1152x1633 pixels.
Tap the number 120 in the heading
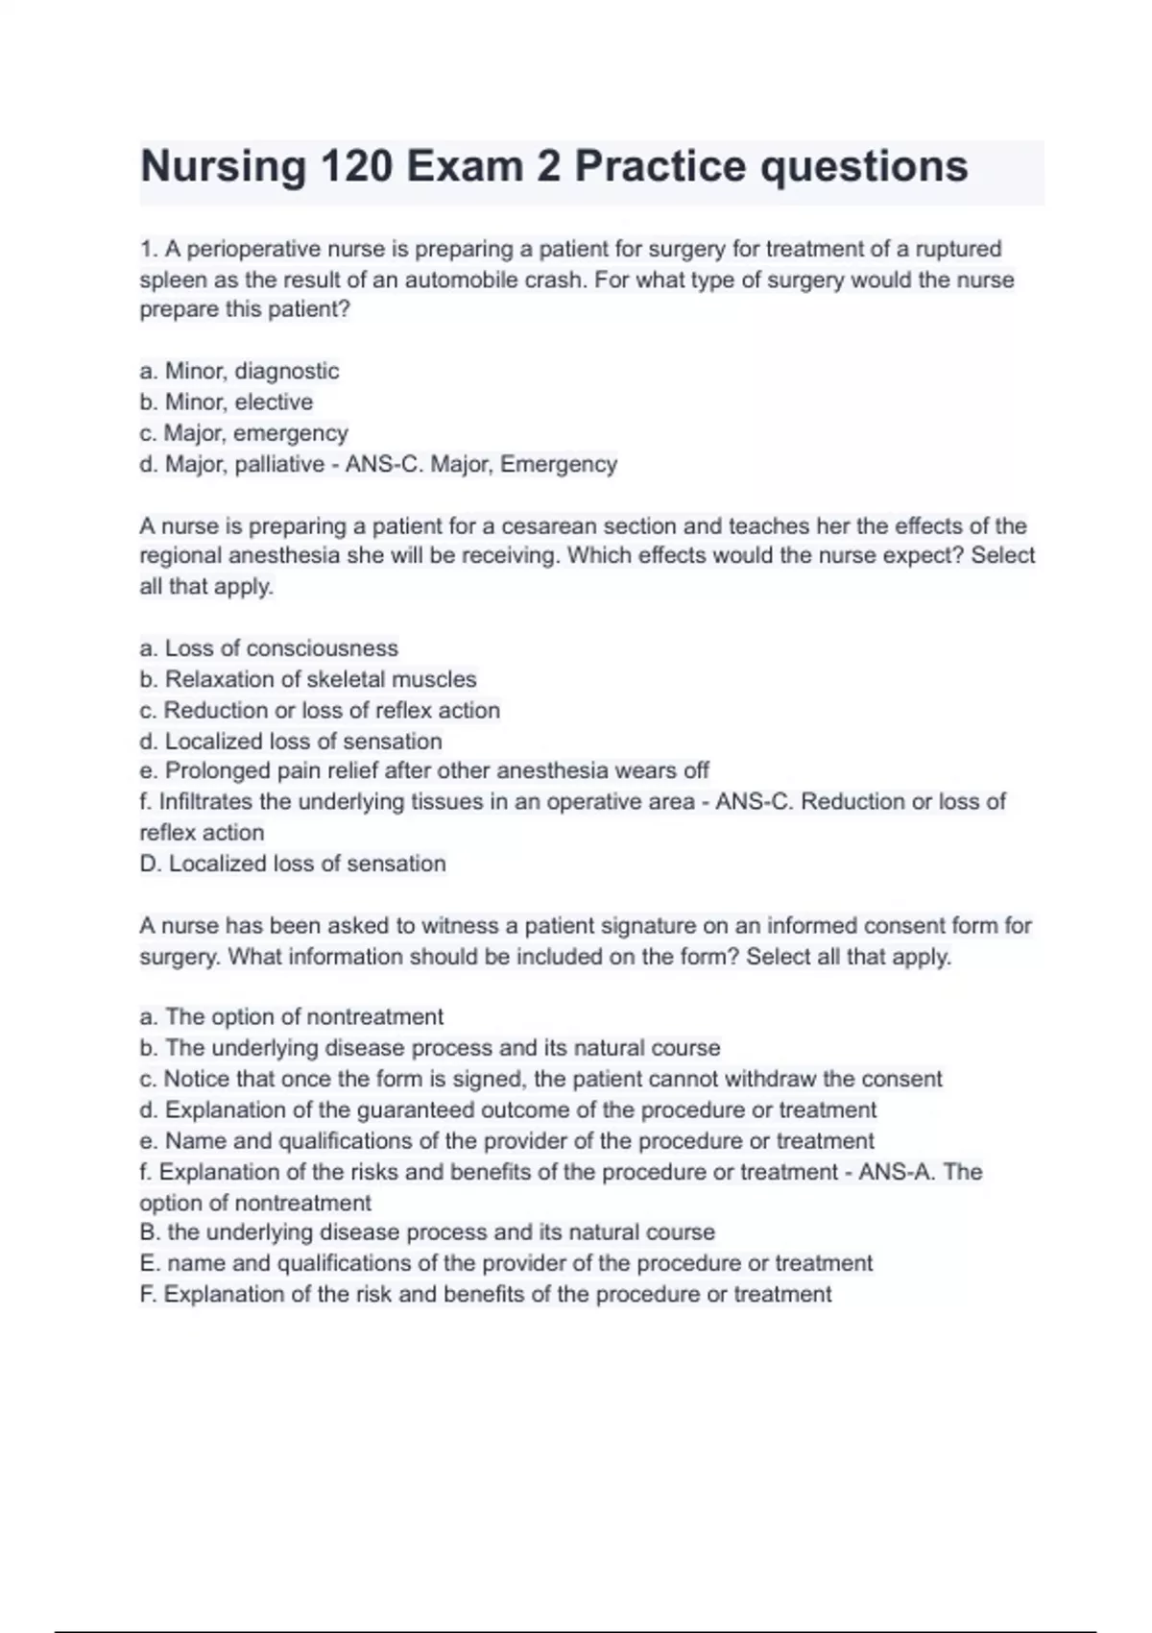[356, 167]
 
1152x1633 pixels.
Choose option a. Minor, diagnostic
[239, 371]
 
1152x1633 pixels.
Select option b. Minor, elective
[226, 402]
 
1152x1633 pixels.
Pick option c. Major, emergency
[243, 433]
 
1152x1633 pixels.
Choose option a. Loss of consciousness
[268, 648]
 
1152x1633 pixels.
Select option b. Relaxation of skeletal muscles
[307, 679]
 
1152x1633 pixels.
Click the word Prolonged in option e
[217, 771]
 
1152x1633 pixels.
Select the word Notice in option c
[197, 1079]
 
